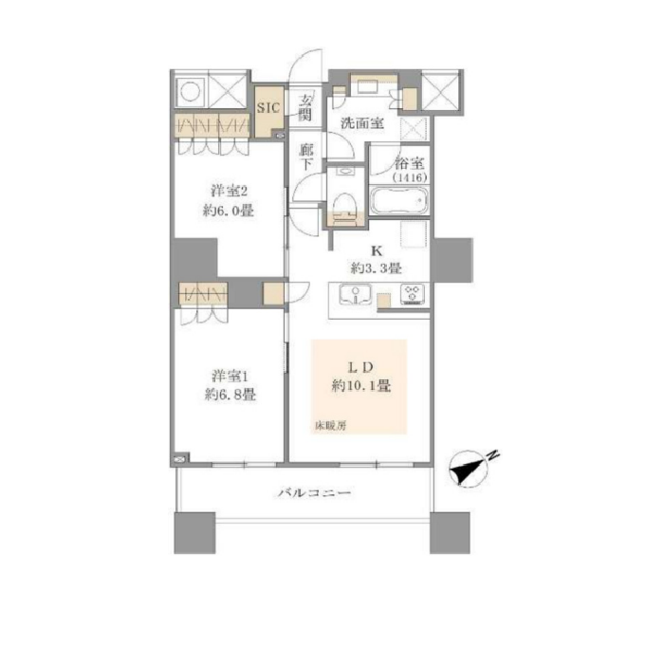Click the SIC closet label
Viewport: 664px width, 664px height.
click(268, 107)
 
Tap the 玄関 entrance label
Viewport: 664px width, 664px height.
click(305, 106)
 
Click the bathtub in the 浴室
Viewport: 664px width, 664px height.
click(398, 200)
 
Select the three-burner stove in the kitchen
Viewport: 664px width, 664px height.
click(413, 295)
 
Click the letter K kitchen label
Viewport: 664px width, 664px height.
click(376, 252)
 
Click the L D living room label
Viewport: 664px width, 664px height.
click(361, 366)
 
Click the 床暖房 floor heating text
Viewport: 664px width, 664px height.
click(331, 426)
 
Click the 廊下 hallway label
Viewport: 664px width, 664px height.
click(305, 157)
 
